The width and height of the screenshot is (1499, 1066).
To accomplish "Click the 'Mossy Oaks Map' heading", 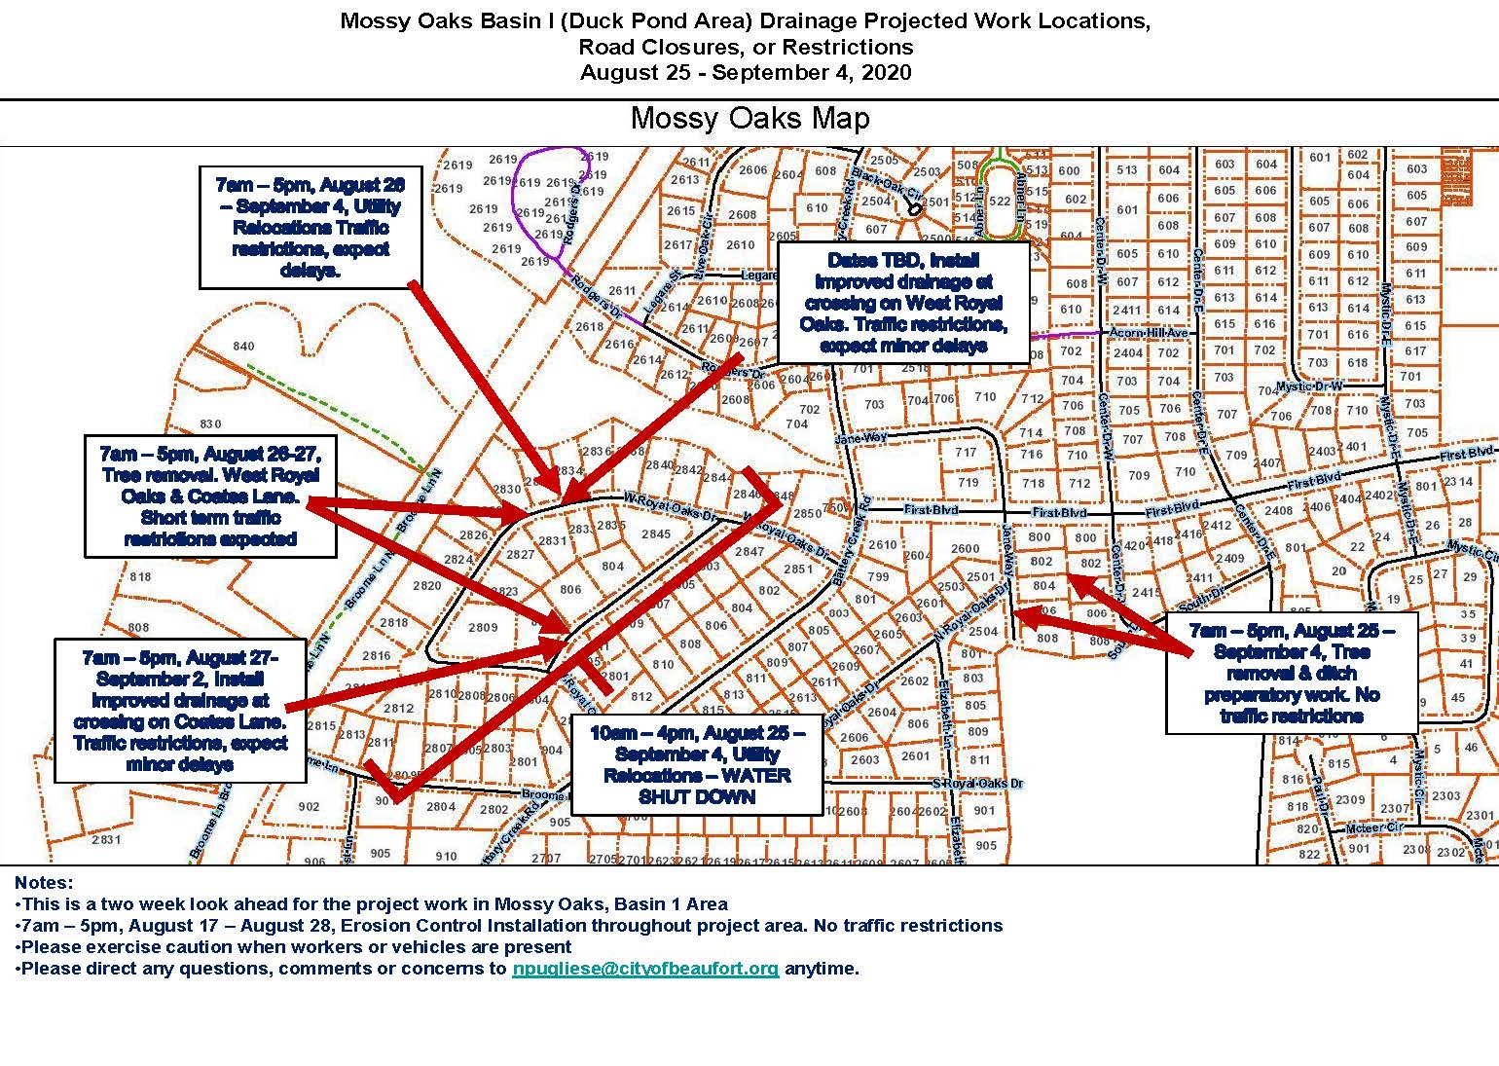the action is pyautogui.click(x=749, y=119).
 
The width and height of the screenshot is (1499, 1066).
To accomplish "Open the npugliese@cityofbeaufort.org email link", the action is pyautogui.click(x=644, y=969).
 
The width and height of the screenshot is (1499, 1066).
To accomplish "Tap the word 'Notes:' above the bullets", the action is pyautogui.click(x=44, y=883).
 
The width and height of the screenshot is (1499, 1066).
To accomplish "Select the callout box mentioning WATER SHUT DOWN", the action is pyautogui.click(x=696, y=765).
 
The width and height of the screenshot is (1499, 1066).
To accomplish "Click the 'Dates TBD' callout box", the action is pyautogui.click(x=903, y=303).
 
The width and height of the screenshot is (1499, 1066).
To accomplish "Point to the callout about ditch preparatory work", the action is pyautogui.click(x=1291, y=673).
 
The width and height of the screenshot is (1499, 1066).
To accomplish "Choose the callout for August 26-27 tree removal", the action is pyautogui.click(x=210, y=496).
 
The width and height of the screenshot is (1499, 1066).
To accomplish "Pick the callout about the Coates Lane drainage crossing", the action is pyautogui.click(x=180, y=710).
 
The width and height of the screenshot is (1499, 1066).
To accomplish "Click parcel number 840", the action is pyautogui.click(x=243, y=347).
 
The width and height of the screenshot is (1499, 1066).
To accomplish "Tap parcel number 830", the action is pyautogui.click(x=210, y=423).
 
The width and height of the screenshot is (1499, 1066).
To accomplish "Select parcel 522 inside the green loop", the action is pyautogui.click(x=999, y=202).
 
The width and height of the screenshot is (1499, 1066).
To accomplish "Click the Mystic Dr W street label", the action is pyautogui.click(x=1309, y=386).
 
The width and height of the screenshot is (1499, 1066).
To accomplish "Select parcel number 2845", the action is pyautogui.click(x=655, y=533).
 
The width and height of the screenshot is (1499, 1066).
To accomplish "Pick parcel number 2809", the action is pyautogui.click(x=483, y=628).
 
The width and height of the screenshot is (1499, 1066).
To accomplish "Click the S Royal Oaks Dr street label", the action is pyautogui.click(x=977, y=784).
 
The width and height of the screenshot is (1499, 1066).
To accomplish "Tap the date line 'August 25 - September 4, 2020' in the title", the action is pyautogui.click(x=746, y=72).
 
